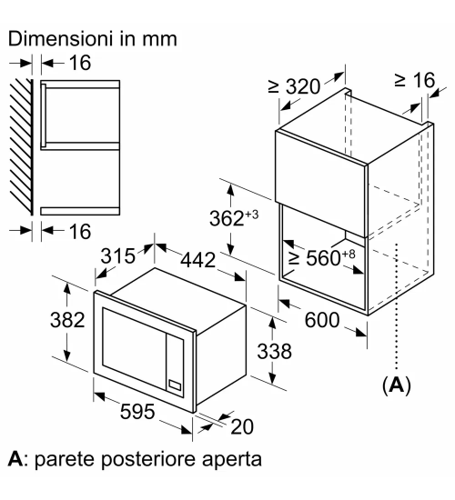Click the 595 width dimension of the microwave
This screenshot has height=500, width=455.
[x=137, y=411]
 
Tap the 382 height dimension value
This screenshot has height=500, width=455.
[x=67, y=320]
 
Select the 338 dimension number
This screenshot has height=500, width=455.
[x=274, y=352]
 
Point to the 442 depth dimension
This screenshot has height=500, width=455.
[x=198, y=260]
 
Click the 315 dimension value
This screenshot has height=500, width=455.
[x=117, y=255]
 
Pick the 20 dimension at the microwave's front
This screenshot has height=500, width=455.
[x=242, y=426]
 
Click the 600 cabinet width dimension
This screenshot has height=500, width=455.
[x=322, y=320]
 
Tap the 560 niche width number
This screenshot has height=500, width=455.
[x=323, y=258]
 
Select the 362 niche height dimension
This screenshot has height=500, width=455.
[x=227, y=219]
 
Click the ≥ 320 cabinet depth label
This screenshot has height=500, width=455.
[x=294, y=86]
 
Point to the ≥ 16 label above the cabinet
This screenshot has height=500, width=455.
[x=415, y=80]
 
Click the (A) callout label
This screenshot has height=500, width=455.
[x=397, y=385]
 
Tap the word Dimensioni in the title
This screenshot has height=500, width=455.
[x=61, y=39]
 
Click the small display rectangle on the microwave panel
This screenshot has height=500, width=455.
[x=175, y=385]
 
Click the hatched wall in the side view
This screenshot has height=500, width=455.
[x=22, y=146]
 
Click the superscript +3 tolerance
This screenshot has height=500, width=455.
[x=251, y=215]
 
